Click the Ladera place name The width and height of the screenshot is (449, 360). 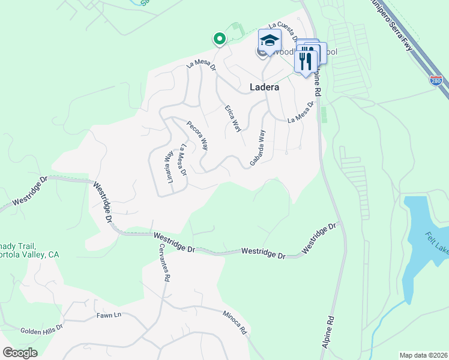click(x=264, y=87)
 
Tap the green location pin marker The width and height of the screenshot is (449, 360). click(x=220, y=40)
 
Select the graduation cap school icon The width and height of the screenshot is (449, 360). click(x=270, y=41)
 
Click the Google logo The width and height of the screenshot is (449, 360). click(x=20, y=353)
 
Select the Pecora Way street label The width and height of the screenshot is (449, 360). click(x=197, y=136)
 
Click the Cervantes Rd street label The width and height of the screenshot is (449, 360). click(x=164, y=263)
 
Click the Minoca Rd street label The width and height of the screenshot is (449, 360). click(x=235, y=323)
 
